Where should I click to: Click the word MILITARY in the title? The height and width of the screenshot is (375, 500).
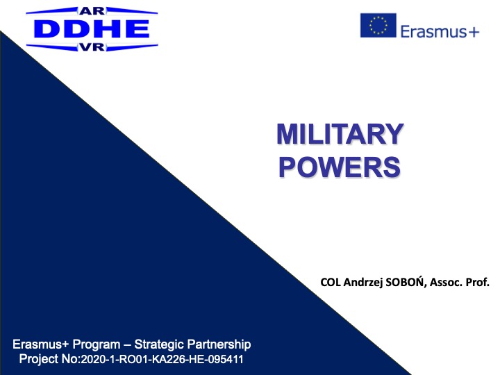[x=340, y=134]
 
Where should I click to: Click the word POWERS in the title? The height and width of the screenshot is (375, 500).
[x=340, y=167]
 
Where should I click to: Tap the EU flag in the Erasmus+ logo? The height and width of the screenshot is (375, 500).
[x=378, y=25]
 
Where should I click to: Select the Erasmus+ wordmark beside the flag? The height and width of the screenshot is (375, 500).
[x=440, y=31]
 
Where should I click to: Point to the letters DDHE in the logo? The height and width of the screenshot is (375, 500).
[x=92, y=29]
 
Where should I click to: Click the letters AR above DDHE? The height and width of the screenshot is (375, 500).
[x=92, y=11]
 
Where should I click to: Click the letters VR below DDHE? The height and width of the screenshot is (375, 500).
[x=92, y=47]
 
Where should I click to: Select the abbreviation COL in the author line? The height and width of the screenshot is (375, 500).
[x=331, y=282]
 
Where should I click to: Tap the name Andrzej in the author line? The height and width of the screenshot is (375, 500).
[x=363, y=283]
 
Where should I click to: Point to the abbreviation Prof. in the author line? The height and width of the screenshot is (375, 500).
[x=478, y=282]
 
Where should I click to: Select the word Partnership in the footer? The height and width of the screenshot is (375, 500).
[x=219, y=344]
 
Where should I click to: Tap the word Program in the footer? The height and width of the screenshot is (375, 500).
[x=97, y=344]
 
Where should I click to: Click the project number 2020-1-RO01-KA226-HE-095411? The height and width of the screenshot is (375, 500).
[x=162, y=360]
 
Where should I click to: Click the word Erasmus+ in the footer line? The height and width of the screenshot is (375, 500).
[x=41, y=344]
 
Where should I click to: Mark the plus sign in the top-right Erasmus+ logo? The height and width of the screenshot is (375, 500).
[x=474, y=32]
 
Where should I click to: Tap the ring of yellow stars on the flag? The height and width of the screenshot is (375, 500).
[x=378, y=25]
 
